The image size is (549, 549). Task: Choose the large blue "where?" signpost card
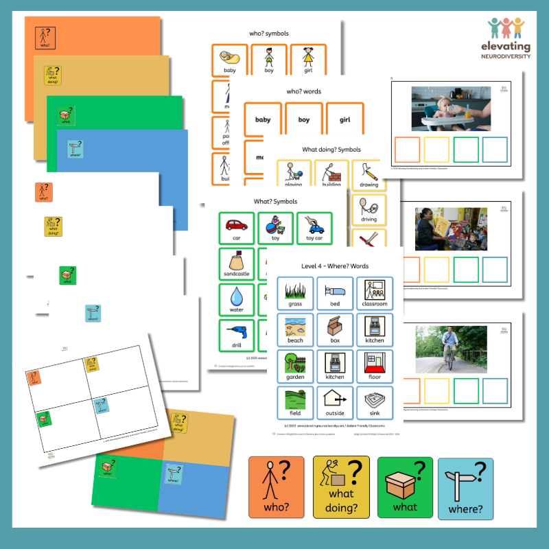tap(465, 489)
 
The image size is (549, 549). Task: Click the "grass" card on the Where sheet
tap(296, 293)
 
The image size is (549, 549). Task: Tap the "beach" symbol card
tap(296, 329)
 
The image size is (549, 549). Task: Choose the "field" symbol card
tap(296, 403)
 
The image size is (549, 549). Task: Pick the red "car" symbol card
tap(237, 229)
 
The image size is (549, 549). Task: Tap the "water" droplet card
tap(237, 300)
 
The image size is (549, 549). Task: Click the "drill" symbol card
tap(237, 336)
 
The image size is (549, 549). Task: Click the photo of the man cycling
tap(450, 349)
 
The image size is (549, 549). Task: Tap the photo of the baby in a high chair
tap(450, 108)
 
